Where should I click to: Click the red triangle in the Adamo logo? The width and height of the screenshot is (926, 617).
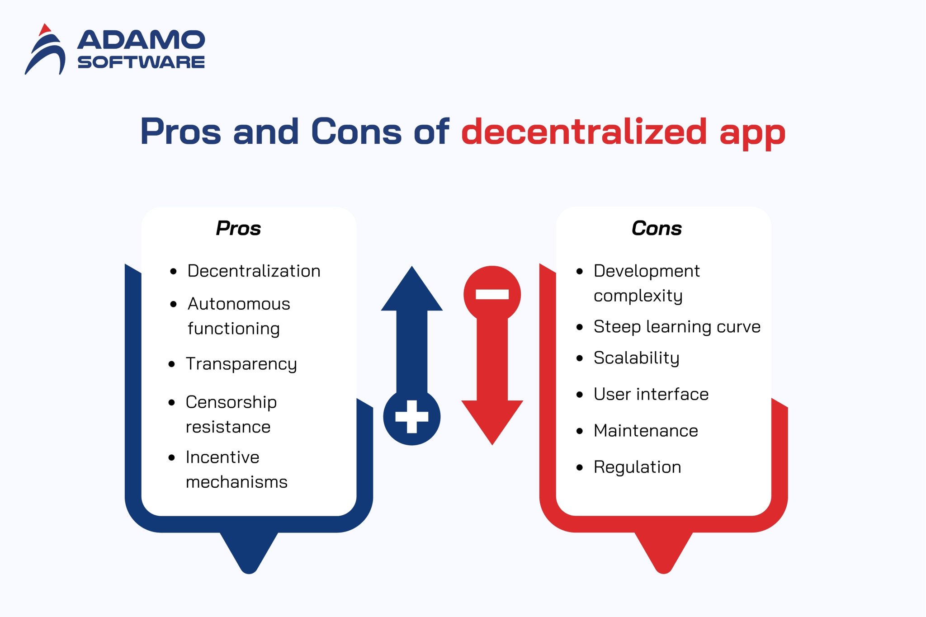click(x=44, y=30)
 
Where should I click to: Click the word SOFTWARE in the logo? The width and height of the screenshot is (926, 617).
click(x=141, y=62)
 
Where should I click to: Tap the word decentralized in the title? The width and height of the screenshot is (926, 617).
click(x=584, y=132)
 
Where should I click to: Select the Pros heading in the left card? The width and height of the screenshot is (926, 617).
click(x=238, y=228)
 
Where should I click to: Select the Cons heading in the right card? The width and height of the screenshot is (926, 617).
click(x=657, y=228)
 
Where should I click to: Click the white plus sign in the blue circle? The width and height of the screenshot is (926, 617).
click(x=411, y=417)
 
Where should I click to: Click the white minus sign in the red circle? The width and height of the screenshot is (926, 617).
click(x=492, y=295)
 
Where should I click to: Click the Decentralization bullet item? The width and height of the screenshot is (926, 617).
click(x=254, y=271)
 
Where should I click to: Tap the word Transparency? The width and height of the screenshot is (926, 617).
click(x=241, y=364)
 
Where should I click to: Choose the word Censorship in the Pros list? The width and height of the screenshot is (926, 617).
click(x=231, y=402)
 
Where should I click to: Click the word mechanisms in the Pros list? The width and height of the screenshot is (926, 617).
click(x=236, y=482)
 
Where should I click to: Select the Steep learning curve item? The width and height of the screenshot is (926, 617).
click(x=676, y=327)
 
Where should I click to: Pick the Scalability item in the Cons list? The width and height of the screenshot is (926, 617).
click(x=636, y=358)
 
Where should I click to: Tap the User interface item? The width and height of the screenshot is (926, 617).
click(x=651, y=394)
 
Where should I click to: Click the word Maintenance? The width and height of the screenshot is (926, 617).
click(x=646, y=431)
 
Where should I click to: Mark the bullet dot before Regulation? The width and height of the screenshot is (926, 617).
click(x=580, y=468)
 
